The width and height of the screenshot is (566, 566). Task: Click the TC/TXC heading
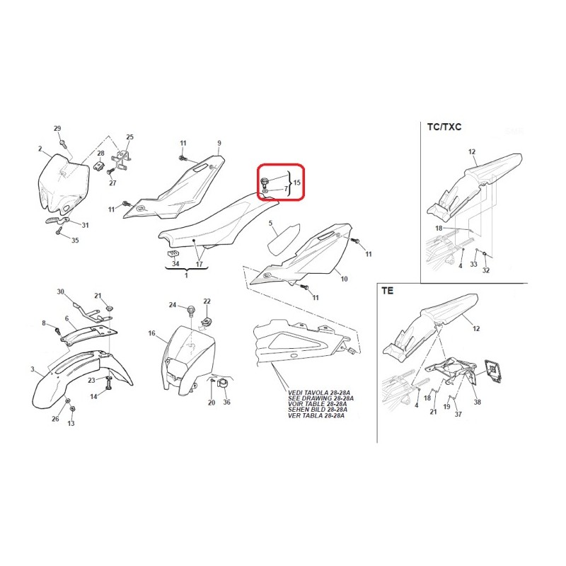[x=444, y=127]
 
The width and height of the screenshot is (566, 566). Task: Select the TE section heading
[x=387, y=291]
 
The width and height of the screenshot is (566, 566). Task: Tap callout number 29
[x=57, y=129]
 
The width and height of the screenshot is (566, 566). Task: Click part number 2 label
[x=40, y=149]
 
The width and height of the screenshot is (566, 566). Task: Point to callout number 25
[x=129, y=137]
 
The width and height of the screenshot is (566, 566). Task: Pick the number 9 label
[x=219, y=144]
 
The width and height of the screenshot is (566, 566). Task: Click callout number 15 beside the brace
[x=296, y=183]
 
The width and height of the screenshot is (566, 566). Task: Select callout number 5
[x=270, y=224]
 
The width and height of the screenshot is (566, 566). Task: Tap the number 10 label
[x=344, y=279]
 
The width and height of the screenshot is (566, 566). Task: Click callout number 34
[x=175, y=264]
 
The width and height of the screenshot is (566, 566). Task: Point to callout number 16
[x=151, y=333]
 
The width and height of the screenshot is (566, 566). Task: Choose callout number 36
[x=226, y=402]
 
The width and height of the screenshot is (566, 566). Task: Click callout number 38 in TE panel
[x=477, y=402]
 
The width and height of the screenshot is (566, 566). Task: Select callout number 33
[x=473, y=264]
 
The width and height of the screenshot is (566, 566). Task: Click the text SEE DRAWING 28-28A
[x=320, y=398]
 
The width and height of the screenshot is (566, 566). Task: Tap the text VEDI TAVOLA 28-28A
[x=319, y=393]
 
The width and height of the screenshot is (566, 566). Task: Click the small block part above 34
[x=173, y=253]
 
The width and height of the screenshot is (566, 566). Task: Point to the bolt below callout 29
[x=64, y=144]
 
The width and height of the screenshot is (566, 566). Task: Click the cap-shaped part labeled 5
[x=284, y=238]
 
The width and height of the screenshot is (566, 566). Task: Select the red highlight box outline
[x=280, y=163]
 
